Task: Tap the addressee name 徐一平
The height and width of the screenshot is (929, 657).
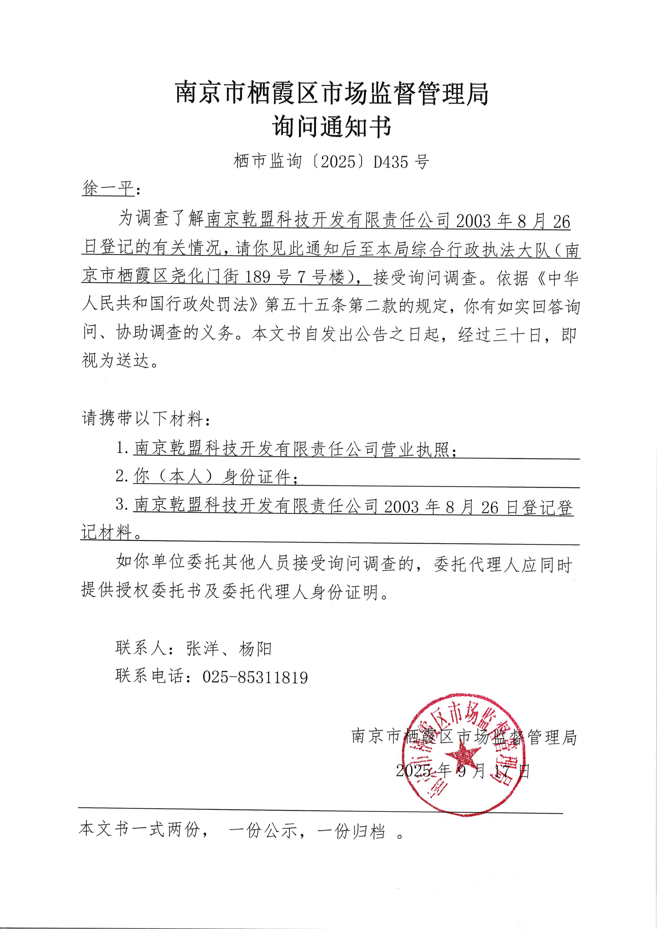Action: (x=108, y=188)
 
